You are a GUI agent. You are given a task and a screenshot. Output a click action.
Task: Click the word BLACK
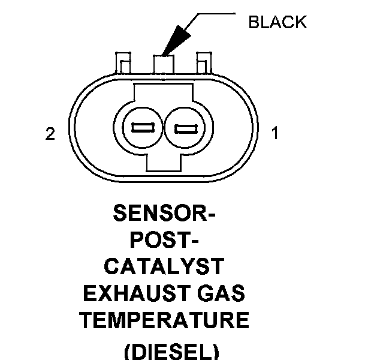click(277, 23)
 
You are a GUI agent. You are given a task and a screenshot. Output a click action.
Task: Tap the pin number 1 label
click(275, 133)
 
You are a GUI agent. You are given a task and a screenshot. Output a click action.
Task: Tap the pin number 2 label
click(50, 133)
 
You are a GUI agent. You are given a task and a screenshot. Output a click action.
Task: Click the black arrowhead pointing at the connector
click(174, 43)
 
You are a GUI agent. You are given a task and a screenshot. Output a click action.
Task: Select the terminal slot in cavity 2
click(141, 128)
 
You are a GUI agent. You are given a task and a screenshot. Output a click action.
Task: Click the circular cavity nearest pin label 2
click(141, 128)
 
